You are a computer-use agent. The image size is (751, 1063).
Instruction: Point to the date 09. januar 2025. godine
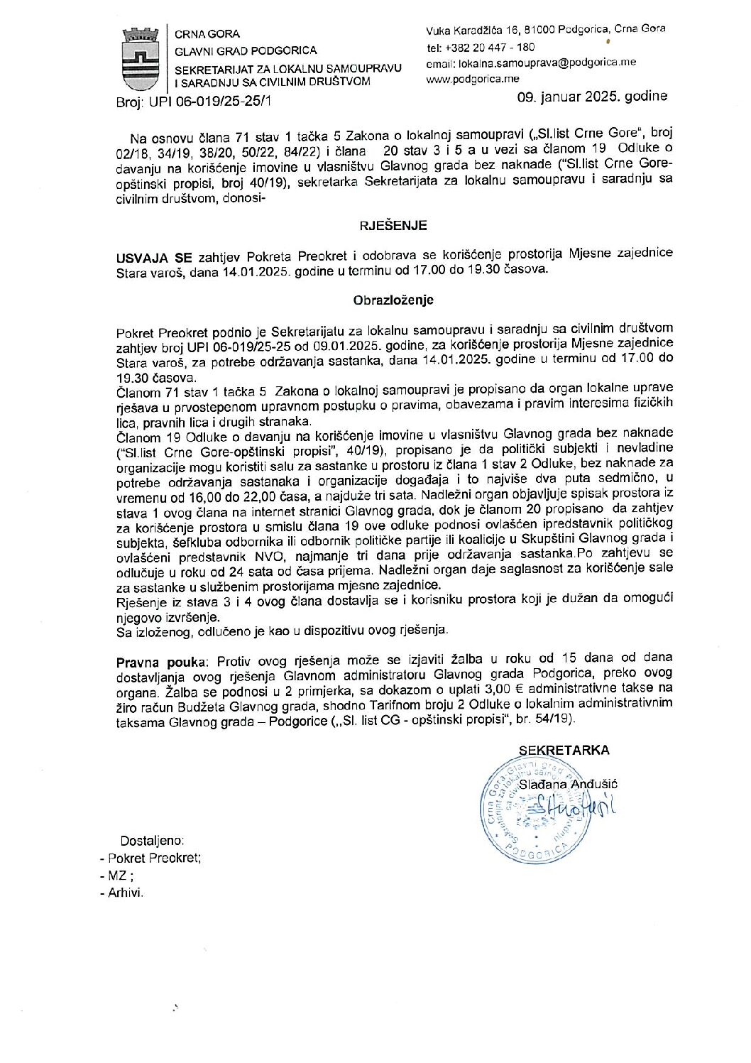(x=593, y=96)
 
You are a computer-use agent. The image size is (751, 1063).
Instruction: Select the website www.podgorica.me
(x=472, y=79)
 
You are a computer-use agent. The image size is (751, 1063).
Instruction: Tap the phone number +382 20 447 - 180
(x=490, y=48)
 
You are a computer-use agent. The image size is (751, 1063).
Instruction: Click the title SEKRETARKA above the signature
(x=564, y=750)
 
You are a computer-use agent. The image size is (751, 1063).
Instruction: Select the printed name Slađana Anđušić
(x=568, y=784)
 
